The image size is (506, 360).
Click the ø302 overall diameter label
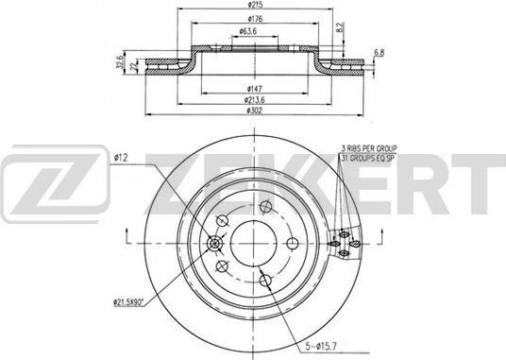point(254,110)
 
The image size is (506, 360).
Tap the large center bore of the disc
point(251,236)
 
